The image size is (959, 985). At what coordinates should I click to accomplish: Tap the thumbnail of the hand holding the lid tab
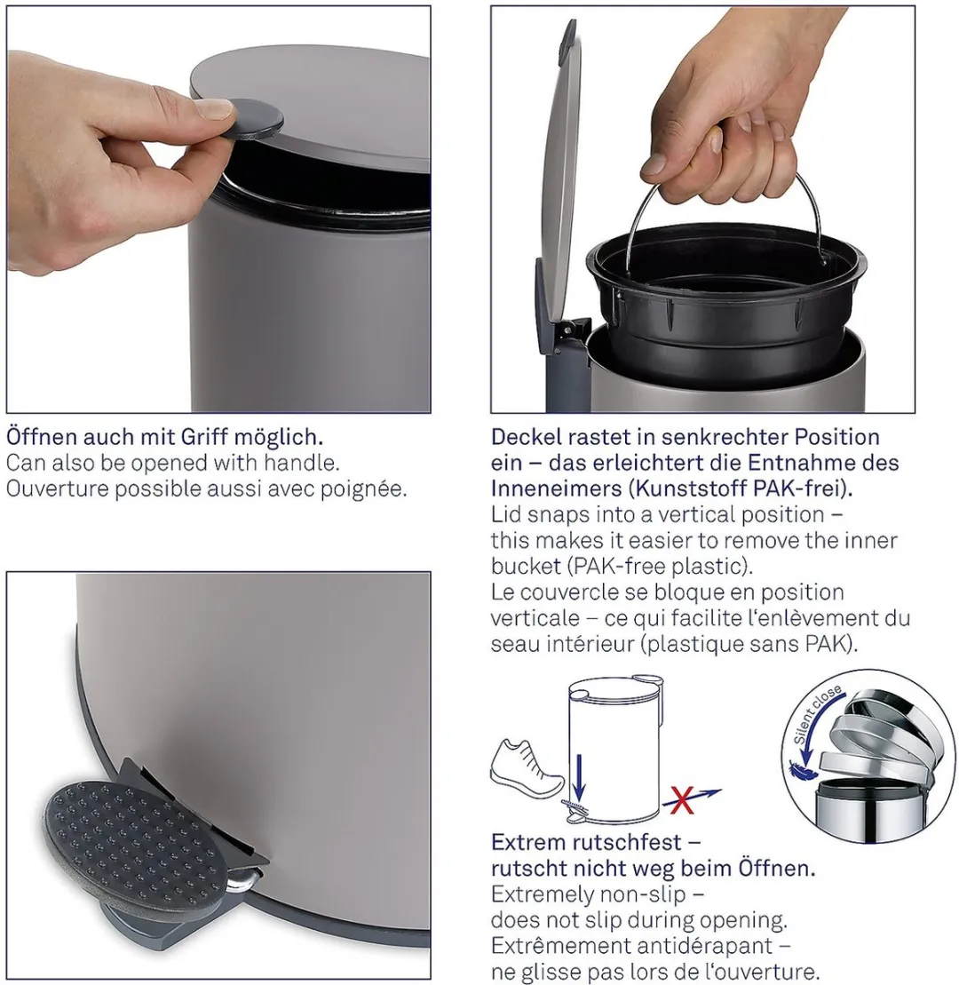pos(218,210)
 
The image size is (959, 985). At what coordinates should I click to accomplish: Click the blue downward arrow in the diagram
pos(578,772)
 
